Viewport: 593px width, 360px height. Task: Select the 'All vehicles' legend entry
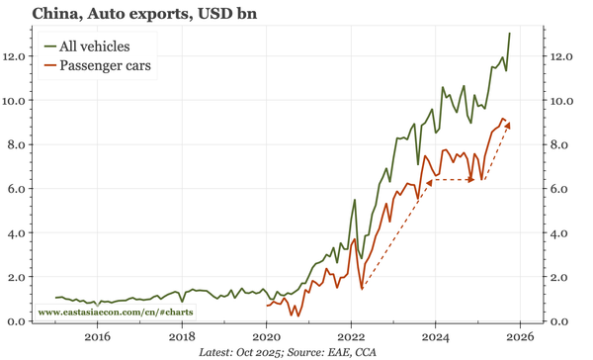click(94, 45)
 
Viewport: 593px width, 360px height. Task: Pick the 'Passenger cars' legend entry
click(106, 66)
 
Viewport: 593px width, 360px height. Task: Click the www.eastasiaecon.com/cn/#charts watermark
click(116, 312)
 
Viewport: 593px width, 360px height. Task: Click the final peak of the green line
click(510, 34)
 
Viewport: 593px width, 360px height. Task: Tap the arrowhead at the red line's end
click(508, 124)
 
